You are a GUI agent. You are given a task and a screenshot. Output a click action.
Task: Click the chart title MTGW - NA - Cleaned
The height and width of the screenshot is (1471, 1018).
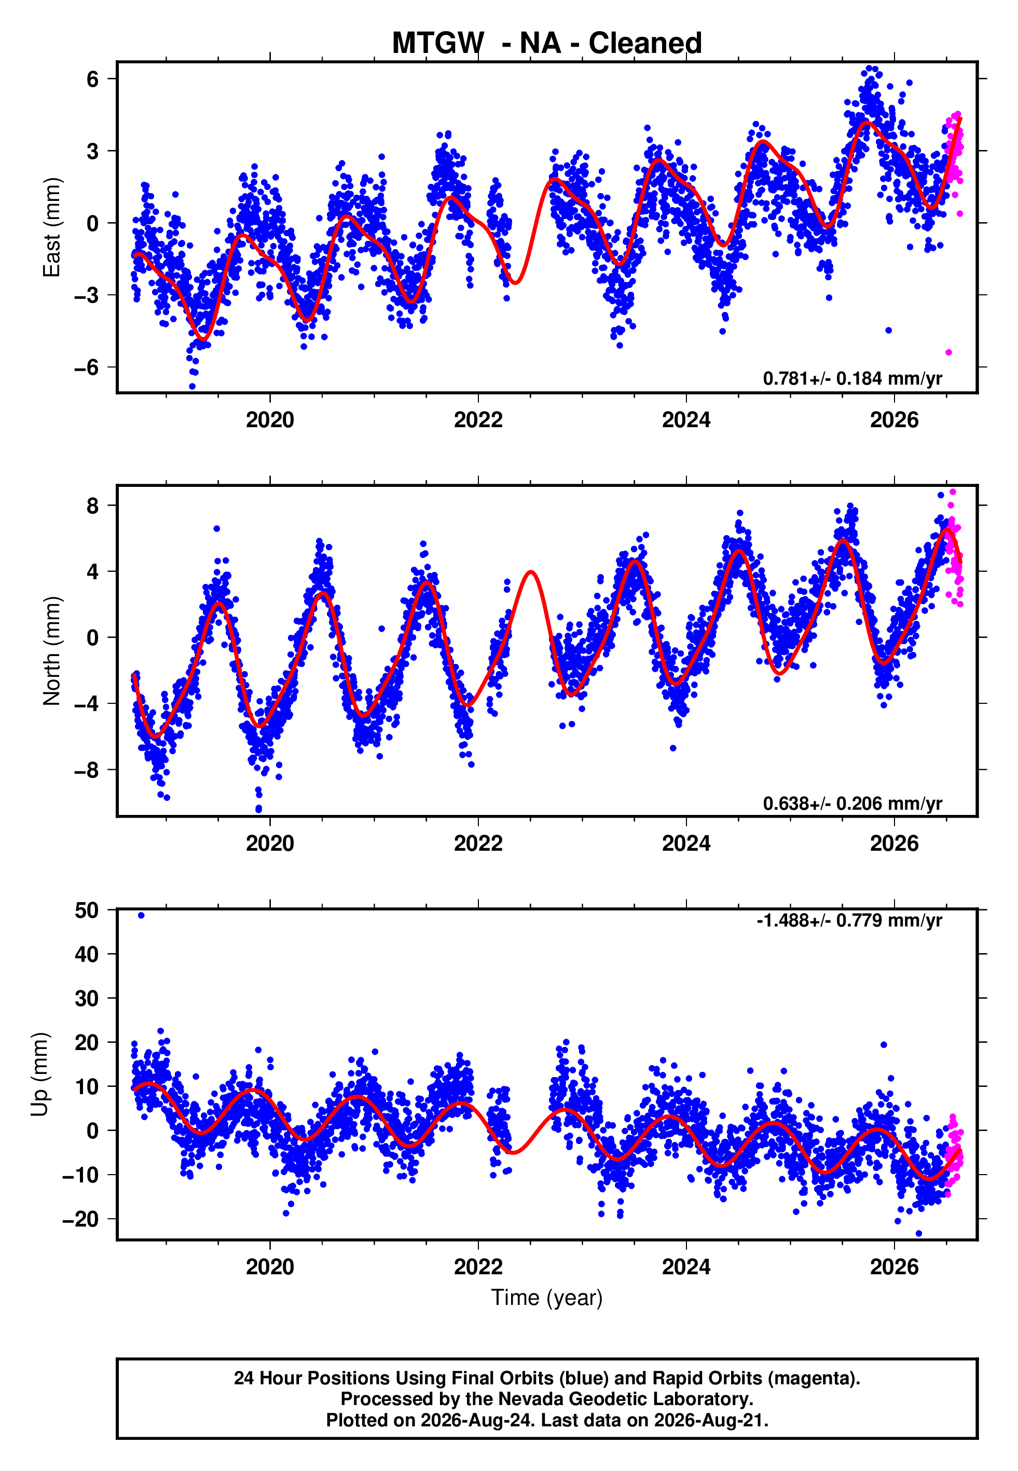547,43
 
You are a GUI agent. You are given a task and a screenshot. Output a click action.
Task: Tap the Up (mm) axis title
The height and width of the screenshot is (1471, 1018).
39,1074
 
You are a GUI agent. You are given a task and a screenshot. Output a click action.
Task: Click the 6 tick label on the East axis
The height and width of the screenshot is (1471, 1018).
93,79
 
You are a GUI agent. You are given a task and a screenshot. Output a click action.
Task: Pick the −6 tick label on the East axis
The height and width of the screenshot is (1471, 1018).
86,367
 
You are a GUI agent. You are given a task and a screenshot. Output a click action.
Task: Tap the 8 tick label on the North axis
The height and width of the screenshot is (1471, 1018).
93,505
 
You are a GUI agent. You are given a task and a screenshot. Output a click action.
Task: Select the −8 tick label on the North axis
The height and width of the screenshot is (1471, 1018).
86,770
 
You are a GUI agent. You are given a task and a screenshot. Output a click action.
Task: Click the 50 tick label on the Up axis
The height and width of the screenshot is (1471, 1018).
87,910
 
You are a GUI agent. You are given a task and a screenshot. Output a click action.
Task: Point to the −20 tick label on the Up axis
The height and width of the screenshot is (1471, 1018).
80,1219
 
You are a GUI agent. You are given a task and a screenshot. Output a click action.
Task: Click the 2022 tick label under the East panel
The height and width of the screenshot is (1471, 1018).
478,420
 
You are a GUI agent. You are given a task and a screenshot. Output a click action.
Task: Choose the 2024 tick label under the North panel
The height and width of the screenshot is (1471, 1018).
686,843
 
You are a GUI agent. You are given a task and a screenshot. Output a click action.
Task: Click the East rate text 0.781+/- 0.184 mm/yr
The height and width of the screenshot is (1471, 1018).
852,378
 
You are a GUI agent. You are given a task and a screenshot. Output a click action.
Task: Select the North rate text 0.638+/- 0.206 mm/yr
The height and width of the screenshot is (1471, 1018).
852,803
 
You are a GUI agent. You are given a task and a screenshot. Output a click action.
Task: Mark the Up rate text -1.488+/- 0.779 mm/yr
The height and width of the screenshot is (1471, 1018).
849,920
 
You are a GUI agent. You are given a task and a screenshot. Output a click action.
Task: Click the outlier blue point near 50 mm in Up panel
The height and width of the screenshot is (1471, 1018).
141,916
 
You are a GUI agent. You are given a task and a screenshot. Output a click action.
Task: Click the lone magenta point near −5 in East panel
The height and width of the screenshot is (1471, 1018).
948,352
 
